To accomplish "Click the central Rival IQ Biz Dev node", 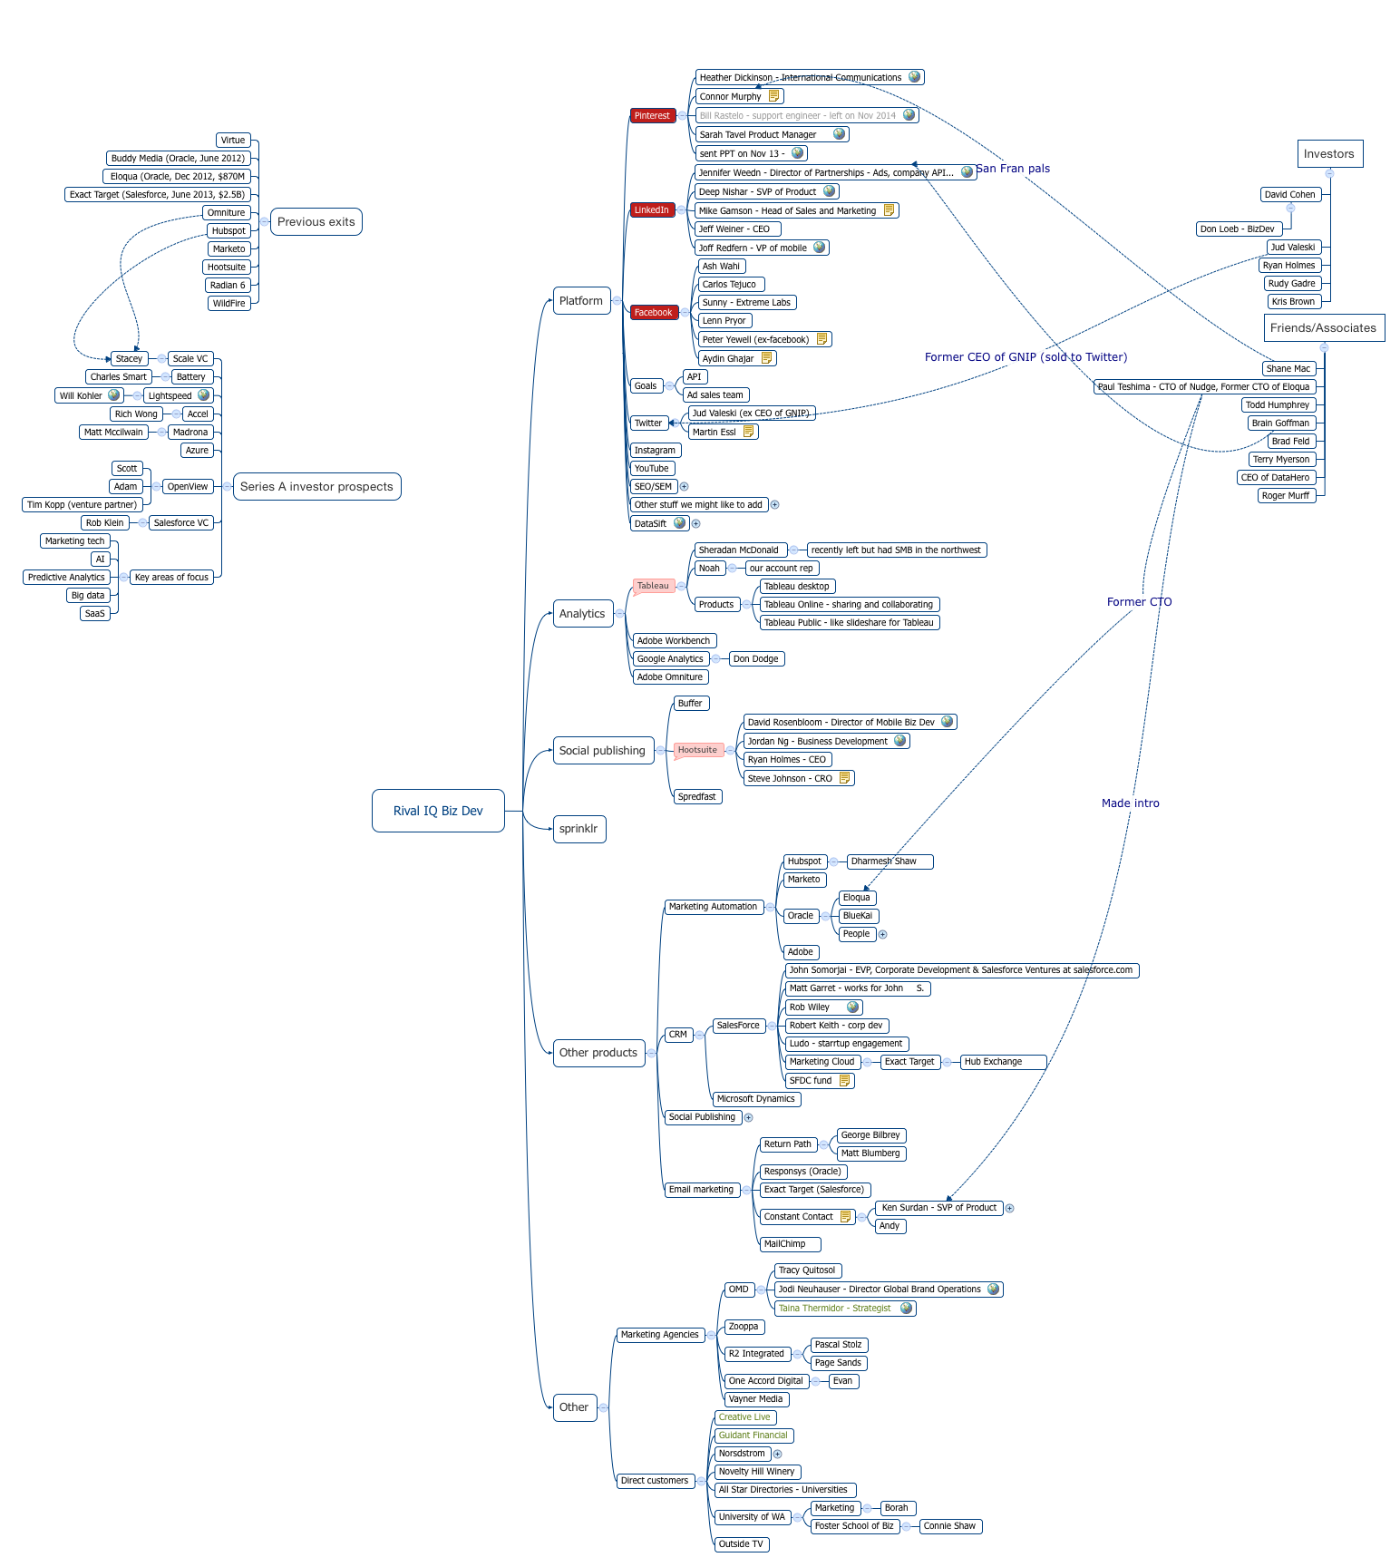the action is click(x=438, y=811).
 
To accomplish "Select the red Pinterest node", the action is click(x=652, y=115).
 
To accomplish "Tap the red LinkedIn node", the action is click(x=652, y=209).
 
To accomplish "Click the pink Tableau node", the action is click(x=653, y=586).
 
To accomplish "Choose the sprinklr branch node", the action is click(x=578, y=829).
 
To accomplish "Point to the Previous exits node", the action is click(x=316, y=222).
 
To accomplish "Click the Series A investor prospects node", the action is click(x=316, y=487).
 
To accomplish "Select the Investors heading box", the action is click(x=1328, y=154).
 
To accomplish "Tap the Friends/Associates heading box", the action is click(x=1323, y=328).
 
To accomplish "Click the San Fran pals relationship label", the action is click(x=1013, y=169).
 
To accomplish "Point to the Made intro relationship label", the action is click(x=1131, y=803).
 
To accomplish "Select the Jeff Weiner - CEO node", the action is click(x=736, y=229).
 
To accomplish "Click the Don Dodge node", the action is click(x=756, y=659).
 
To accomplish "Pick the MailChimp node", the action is click(x=790, y=1244).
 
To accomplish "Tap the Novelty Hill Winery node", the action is click(x=757, y=1472).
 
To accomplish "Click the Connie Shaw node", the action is click(x=950, y=1526).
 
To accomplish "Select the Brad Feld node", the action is click(x=1291, y=442).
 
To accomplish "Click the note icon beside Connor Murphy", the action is click(x=773, y=96).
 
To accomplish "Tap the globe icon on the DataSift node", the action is click(x=679, y=522).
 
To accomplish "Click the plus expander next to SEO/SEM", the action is click(x=685, y=487).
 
